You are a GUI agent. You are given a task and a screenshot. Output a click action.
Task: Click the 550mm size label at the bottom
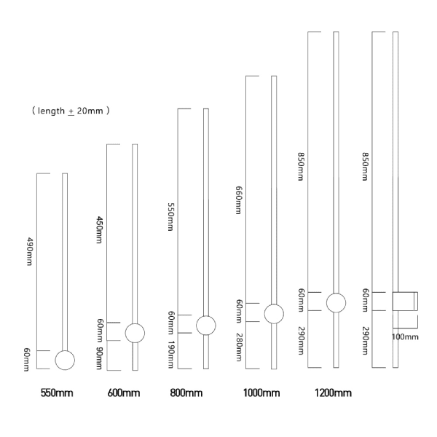(57, 393)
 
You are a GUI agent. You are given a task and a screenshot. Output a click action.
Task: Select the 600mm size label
(124, 393)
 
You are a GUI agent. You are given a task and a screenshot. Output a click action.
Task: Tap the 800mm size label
(186, 393)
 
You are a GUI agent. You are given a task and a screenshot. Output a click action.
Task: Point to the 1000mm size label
(261, 393)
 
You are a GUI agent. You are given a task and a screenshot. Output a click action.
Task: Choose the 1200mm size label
(333, 393)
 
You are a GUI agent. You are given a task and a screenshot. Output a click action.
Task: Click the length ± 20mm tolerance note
(71, 111)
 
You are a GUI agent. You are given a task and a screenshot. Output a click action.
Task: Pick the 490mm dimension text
(29, 251)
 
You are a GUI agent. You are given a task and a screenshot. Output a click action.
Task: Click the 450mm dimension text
(99, 229)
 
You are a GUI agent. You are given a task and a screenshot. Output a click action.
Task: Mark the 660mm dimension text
(239, 200)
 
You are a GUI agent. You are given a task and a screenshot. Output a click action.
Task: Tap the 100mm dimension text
(405, 337)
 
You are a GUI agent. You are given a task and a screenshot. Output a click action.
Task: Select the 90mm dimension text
(99, 358)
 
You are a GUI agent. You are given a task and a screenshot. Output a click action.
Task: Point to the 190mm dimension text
(170, 355)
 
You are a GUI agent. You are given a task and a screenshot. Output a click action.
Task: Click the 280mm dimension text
(239, 347)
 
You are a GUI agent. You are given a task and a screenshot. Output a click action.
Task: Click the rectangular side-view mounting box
(405, 302)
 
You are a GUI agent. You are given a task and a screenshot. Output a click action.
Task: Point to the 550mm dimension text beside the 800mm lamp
(170, 217)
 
